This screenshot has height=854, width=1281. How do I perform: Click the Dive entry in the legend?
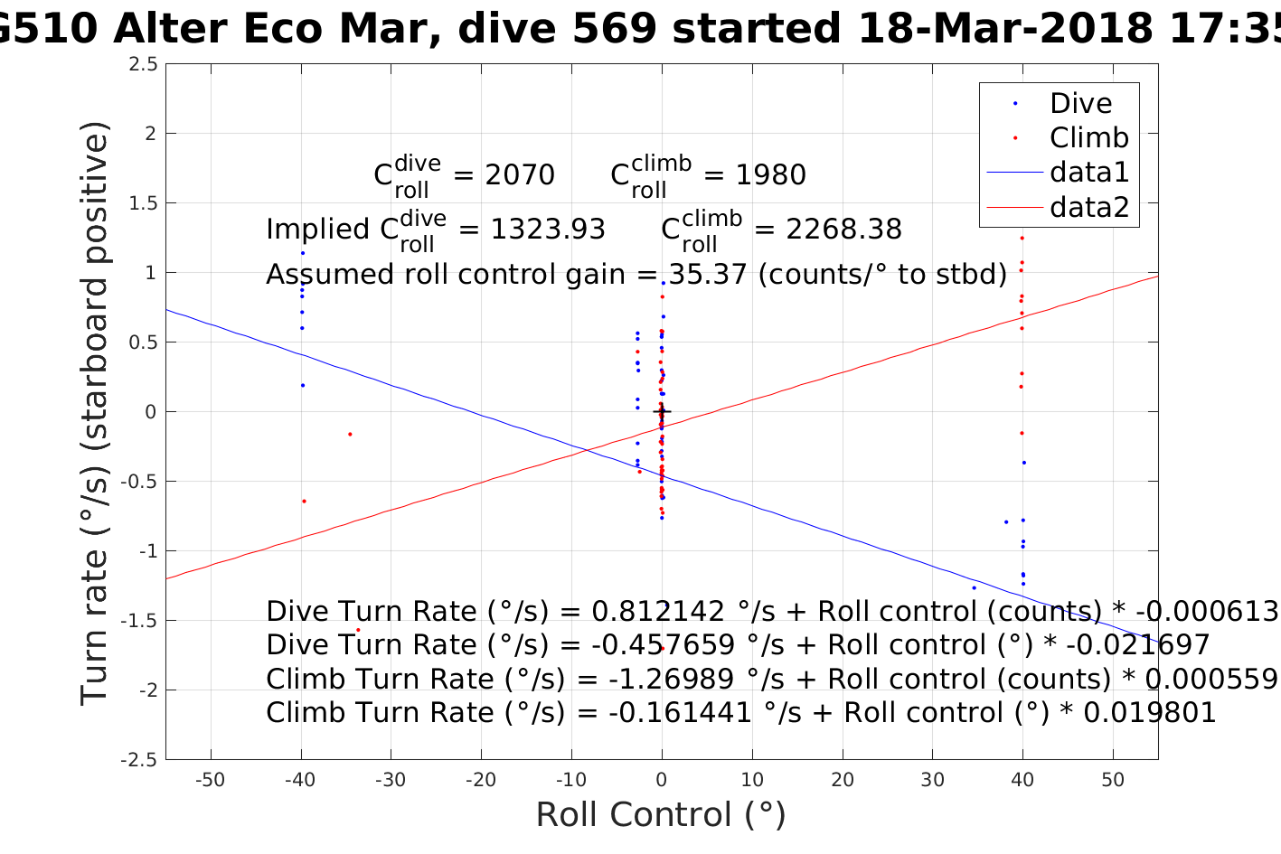(x=1080, y=104)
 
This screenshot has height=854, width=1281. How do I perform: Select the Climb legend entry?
(x=1088, y=138)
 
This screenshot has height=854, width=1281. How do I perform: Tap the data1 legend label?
(x=1089, y=173)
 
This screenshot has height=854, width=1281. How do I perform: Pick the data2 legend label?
(x=1089, y=208)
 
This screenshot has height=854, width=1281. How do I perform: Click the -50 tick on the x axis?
(x=210, y=781)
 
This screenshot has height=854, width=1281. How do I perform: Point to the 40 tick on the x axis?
(x=1022, y=781)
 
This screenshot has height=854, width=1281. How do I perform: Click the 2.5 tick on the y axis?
(x=143, y=64)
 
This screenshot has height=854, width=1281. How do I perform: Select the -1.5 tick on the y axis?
(x=139, y=621)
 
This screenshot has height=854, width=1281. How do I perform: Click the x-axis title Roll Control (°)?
(x=661, y=815)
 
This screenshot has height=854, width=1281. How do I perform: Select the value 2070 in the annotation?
(x=520, y=175)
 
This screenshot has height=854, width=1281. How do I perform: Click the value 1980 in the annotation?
(x=770, y=175)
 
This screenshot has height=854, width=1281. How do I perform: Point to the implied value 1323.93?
(x=548, y=230)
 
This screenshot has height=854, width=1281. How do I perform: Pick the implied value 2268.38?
(x=843, y=230)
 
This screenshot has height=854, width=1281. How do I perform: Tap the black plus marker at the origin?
(x=662, y=412)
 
